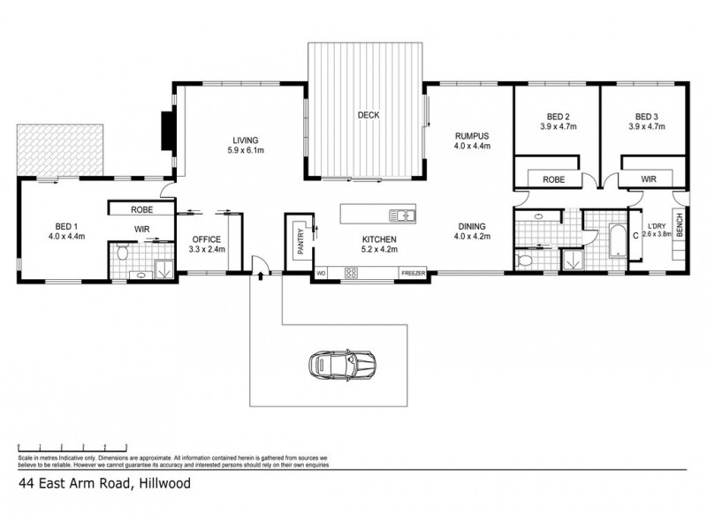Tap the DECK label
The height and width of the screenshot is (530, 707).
[x=369, y=115]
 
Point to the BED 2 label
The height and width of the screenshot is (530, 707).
[x=557, y=117]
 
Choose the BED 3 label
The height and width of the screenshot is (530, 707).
[x=644, y=117]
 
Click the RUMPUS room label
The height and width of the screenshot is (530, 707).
[x=471, y=135]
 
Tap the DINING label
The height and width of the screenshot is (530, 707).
[x=471, y=226]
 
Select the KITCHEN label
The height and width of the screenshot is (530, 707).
[x=377, y=239]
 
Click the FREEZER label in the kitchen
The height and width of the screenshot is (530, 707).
[x=414, y=273]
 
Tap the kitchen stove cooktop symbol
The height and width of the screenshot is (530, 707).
[x=351, y=273]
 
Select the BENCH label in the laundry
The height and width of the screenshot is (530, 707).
[x=680, y=228]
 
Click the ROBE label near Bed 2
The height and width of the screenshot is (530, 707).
[x=553, y=178]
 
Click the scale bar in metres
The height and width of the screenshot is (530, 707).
[x=62, y=447]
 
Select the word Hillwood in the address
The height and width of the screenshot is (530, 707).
[x=163, y=483]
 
